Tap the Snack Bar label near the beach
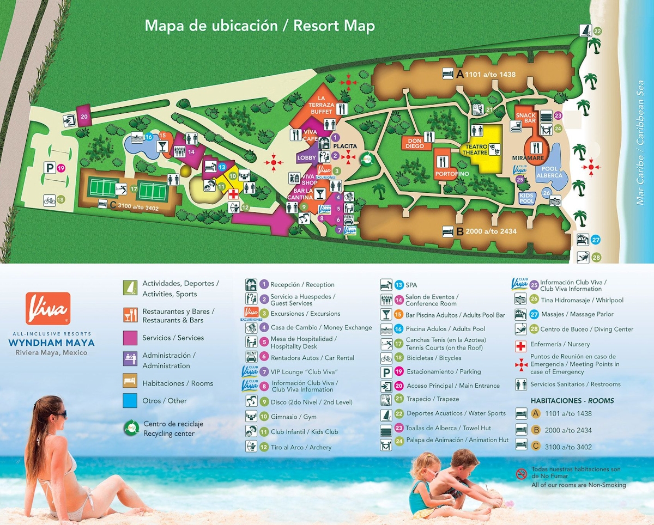click(x=526, y=119)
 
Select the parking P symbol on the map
click(x=50, y=168)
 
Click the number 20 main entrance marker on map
click(x=84, y=116)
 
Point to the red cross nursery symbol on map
click(x=233, y=194)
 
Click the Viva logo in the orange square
click(x=48, y=308)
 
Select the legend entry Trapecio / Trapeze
click(x=425, y=399)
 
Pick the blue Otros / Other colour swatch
click(x=130, y=401)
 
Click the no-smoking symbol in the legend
click(x=521, y=473)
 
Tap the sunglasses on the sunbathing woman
click(x=60, y=415)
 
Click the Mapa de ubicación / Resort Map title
click(x=259, y=26)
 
